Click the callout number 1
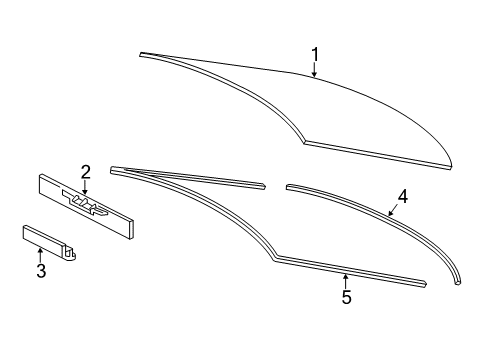tap(315, 55)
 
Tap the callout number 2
tap(86, 172)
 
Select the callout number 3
tap(41, 271)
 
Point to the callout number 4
tap(403, 197)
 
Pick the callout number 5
tap(346, 297)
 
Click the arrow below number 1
tap(314, 70)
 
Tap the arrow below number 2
tap(85, 187)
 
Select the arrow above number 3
tap(40, 255)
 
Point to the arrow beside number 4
tap(393, 211)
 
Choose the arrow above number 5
tap(346, 281)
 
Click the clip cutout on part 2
tap(85, 203)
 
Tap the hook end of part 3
tap(72, 253)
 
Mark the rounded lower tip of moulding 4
tap(458, 282)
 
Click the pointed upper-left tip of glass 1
tap(141, 54)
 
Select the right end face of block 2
tap(131, 230)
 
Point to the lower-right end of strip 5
tap(425, 284)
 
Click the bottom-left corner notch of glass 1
tap(304, 142)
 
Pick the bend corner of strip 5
tap(276, 258)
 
